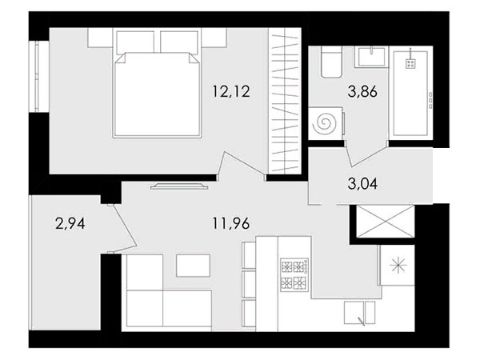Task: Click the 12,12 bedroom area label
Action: click(231, 91)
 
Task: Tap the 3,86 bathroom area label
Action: click(362, 91)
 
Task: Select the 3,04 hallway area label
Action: click(362, 184)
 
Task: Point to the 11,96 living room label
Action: click(231, 224)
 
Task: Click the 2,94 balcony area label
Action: click(70, 224)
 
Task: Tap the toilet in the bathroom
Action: click(331, 62)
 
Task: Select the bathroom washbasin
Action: click(371, 57)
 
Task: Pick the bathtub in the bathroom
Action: click(410, 93)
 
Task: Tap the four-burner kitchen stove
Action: click(294, 274)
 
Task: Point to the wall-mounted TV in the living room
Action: click(179, 186)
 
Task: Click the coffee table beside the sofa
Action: click(193, 266)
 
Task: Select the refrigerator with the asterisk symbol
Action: click(397, 265)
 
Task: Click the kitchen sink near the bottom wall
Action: click(359, 312)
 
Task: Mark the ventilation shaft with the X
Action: click(386, 221)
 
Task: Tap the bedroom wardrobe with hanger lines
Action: click(285, 101)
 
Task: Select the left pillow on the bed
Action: click(135, 42)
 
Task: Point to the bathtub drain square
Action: click(410, 64)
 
